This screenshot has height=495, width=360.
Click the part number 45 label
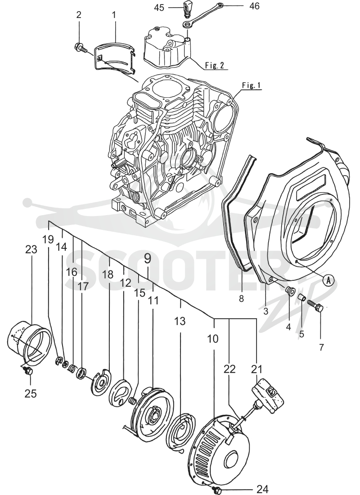click(x=159, y=7)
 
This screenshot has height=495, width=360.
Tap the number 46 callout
click(x=254, y=6)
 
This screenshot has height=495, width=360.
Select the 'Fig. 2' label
click(x=214, y=65)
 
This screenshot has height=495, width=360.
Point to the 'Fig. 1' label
click(x=252, y=85)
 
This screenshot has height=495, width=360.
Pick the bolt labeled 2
click(x=81, y=48)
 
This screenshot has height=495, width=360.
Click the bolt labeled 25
click(x=28, y=370)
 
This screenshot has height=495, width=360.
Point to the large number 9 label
click(x=148, y=259)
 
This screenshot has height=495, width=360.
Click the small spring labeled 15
click(x=133, y=401)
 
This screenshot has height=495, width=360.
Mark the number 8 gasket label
click(x=241, y=298)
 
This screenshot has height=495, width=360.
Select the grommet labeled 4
click(x=288, y=290)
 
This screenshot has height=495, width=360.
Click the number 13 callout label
click(x=180, y=321)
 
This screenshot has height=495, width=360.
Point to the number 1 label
click(x=114, y=14)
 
